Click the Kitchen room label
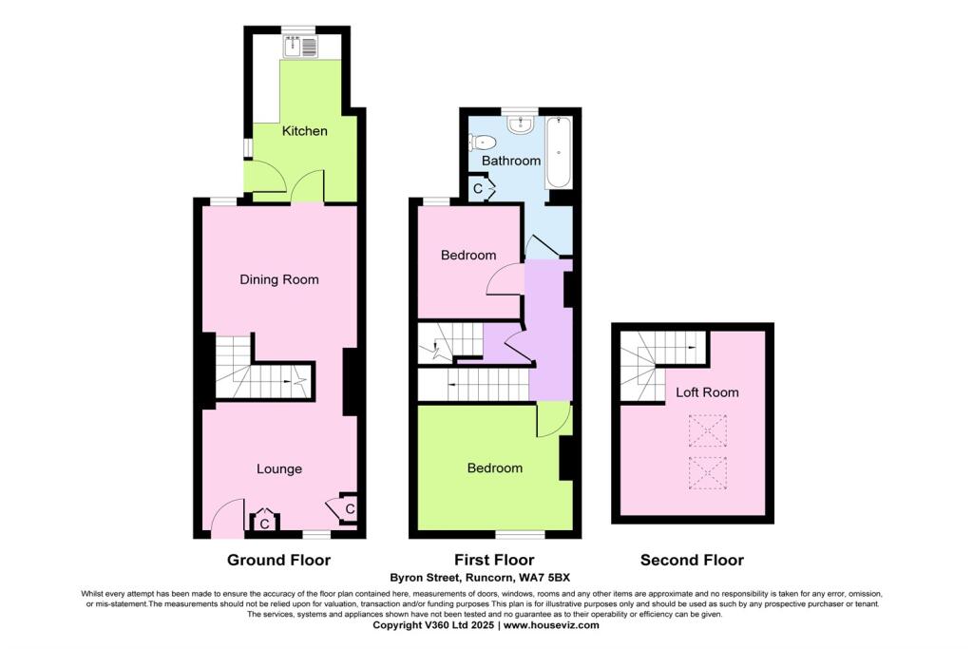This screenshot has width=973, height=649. (x=304, y=131)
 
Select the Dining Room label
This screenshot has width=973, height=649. (x=278, y=279)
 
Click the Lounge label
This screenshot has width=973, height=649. (x=279, y=468)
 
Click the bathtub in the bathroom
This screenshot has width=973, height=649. (x=557, y=153)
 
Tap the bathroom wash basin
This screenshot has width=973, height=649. (x=519, y=124)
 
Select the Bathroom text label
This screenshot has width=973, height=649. (x=510, y=162)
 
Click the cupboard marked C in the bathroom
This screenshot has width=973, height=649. (x=479, y=189)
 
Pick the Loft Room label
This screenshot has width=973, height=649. (x=706, y=391)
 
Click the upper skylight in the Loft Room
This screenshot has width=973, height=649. (x=707, y=430)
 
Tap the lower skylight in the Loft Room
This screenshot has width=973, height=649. (x=707, y=471)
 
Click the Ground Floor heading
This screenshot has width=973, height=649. (x=278, y=560)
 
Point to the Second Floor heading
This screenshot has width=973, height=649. (x=691, y=560)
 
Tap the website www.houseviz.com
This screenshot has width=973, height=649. (x=551, y=625)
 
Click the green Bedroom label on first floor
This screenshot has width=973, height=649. (x=494, y=468)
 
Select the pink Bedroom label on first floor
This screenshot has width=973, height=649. (x=468, y=256)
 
